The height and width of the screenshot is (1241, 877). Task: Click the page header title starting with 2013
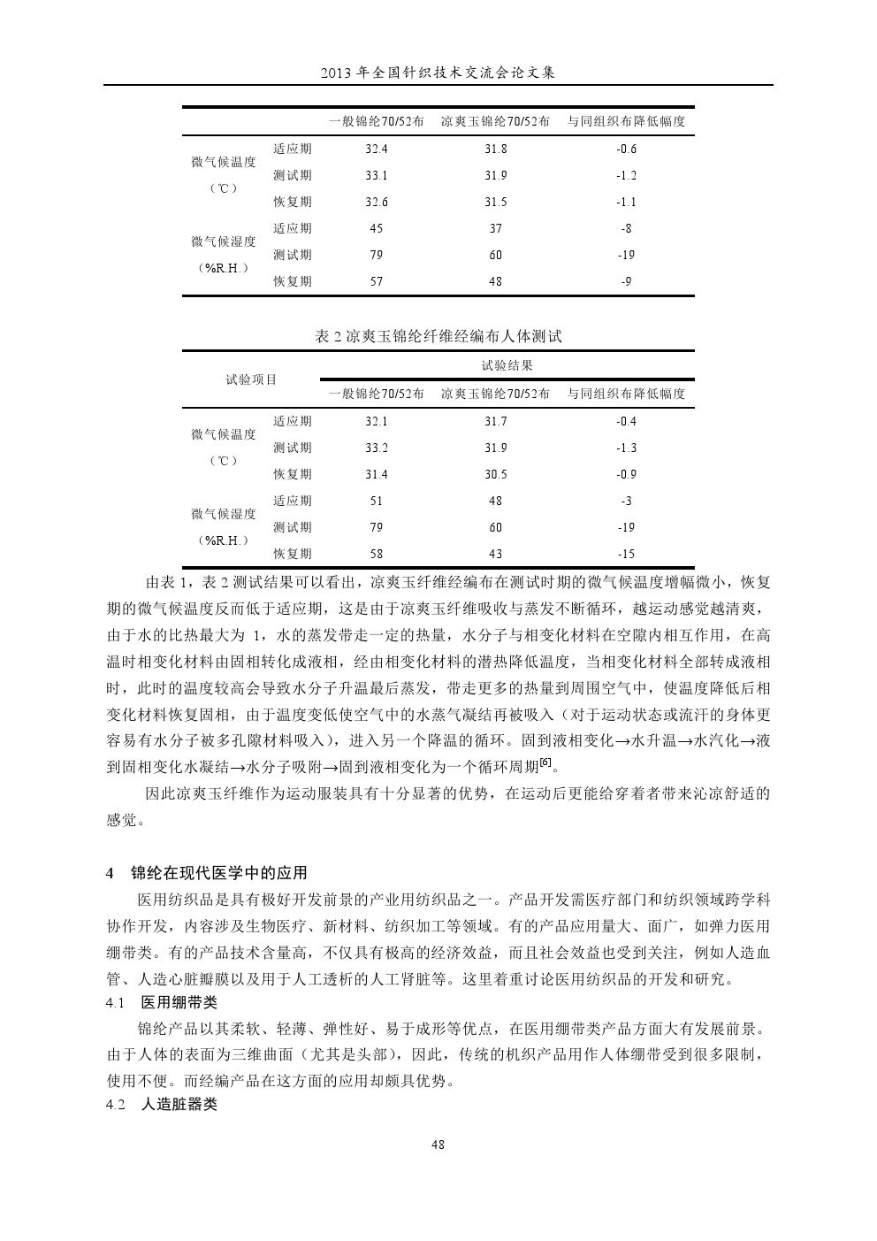pyautogui.click(x=438, y=74)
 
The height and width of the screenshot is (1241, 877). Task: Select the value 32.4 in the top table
pyautogui.click(x=377, y=149)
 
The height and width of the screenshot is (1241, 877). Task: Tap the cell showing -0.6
pyautogui.click(x=626, y=149)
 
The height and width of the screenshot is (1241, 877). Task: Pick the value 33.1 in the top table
pyautogui.click(x=377, y=176)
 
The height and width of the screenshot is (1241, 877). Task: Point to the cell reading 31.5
pyautogui.click(x=495, y=203)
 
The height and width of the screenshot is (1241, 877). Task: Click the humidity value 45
pyautogui.click(x=377, y=229)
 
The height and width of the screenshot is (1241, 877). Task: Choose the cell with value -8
pyautogui.click(x=626, y=229)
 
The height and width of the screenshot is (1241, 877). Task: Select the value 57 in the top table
pyautogui.click(x=377, y=282)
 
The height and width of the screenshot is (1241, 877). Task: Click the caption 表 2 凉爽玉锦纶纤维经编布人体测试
pyautogui.click(x=438, y=336)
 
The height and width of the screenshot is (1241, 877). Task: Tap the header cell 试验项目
pyautogui.click(x=251, y=379)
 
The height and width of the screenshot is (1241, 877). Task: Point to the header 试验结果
pyautogui.click(x=507, y=365)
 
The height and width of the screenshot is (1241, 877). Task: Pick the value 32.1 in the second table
pyautogui.click(x=377, y=422)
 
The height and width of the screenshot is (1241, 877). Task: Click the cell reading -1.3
pyautogui.click(x=626, y=448)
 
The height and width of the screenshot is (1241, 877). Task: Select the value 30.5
pyautogui.click(x=495, y=475)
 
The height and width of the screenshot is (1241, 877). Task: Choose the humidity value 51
pyautogui.click(x=377, y=502)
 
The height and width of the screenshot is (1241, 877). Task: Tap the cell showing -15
pyautogui.click(x=626, y=555)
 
